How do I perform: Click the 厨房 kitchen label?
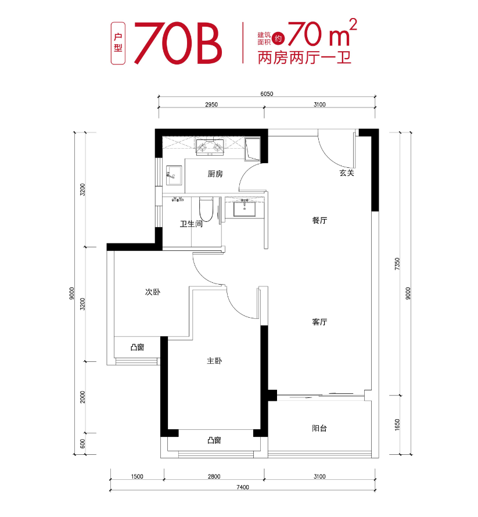pos(215,174)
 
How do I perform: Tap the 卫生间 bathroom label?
pos(191,224)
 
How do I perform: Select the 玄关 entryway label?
pos(347,173)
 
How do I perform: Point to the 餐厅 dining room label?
pos(320,220)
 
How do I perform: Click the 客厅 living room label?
pos(320,322)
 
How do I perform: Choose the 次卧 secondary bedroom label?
pos(152,292)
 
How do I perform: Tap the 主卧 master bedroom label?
pos(214,361)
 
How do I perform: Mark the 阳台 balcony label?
pos(319,428)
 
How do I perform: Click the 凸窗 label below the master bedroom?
pos(214,440)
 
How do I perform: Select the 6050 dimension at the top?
pos(267,94)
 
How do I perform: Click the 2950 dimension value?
pos(211,105)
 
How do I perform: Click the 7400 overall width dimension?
pos(242,487)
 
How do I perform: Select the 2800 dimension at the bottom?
pos(214,476)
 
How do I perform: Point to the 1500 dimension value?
pos(137,476)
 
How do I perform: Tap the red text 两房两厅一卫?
pos(304,58)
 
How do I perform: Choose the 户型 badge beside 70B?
pos(118,44)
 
